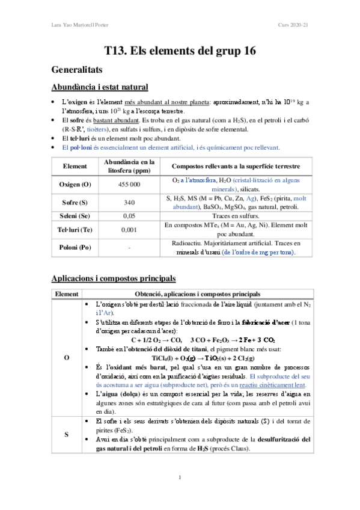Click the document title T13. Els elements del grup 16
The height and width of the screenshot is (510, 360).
[180, 51]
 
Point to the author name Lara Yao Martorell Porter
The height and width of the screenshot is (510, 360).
[79, 25]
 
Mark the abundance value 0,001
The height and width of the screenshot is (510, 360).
[126, 229]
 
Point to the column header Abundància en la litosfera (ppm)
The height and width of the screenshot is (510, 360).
[126, 165]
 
